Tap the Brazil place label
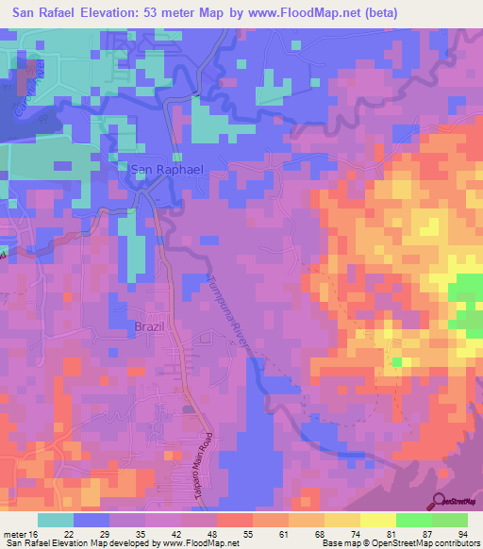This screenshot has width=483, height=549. point(148,325)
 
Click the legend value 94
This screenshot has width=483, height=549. point(461,533)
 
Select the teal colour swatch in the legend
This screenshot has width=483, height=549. point(56,520)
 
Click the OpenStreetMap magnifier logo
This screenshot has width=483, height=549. point(439,500)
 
